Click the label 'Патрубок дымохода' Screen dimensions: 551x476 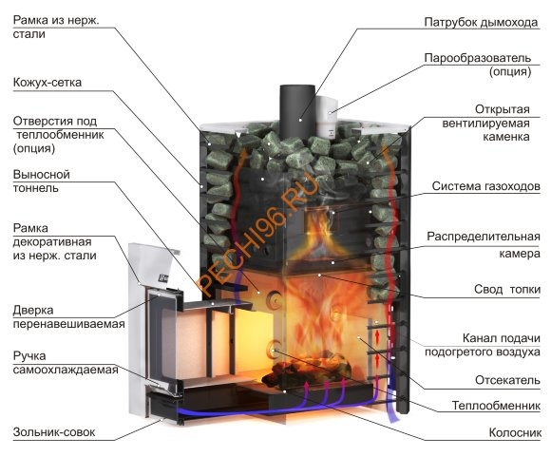(x=481, y=22)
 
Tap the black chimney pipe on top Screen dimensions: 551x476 (x=297, y=111)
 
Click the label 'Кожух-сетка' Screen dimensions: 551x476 (x=47, y=83)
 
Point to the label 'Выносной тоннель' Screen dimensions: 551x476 (x=42, y=181)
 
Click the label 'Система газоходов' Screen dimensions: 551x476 (x=485, y=186)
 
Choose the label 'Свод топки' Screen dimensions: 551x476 (x=507, y=290)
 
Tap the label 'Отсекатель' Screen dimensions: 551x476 (x=507, y=380)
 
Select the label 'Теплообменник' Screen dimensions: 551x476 (x=496, y=406)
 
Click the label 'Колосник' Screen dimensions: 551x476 (x=515, y=432)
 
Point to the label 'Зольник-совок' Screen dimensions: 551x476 (x=54, y=432)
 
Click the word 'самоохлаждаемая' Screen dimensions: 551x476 (x=66, y=370)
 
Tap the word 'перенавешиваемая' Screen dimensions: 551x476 (x=68, y=324)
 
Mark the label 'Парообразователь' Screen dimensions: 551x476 (x=477, y=58)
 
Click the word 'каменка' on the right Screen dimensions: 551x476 (x=506, y=137)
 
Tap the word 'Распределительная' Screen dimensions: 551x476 (x=484, y=237)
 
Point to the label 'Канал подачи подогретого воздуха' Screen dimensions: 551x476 (x=483, y=345)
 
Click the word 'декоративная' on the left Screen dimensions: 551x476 (x=52, y=242)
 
